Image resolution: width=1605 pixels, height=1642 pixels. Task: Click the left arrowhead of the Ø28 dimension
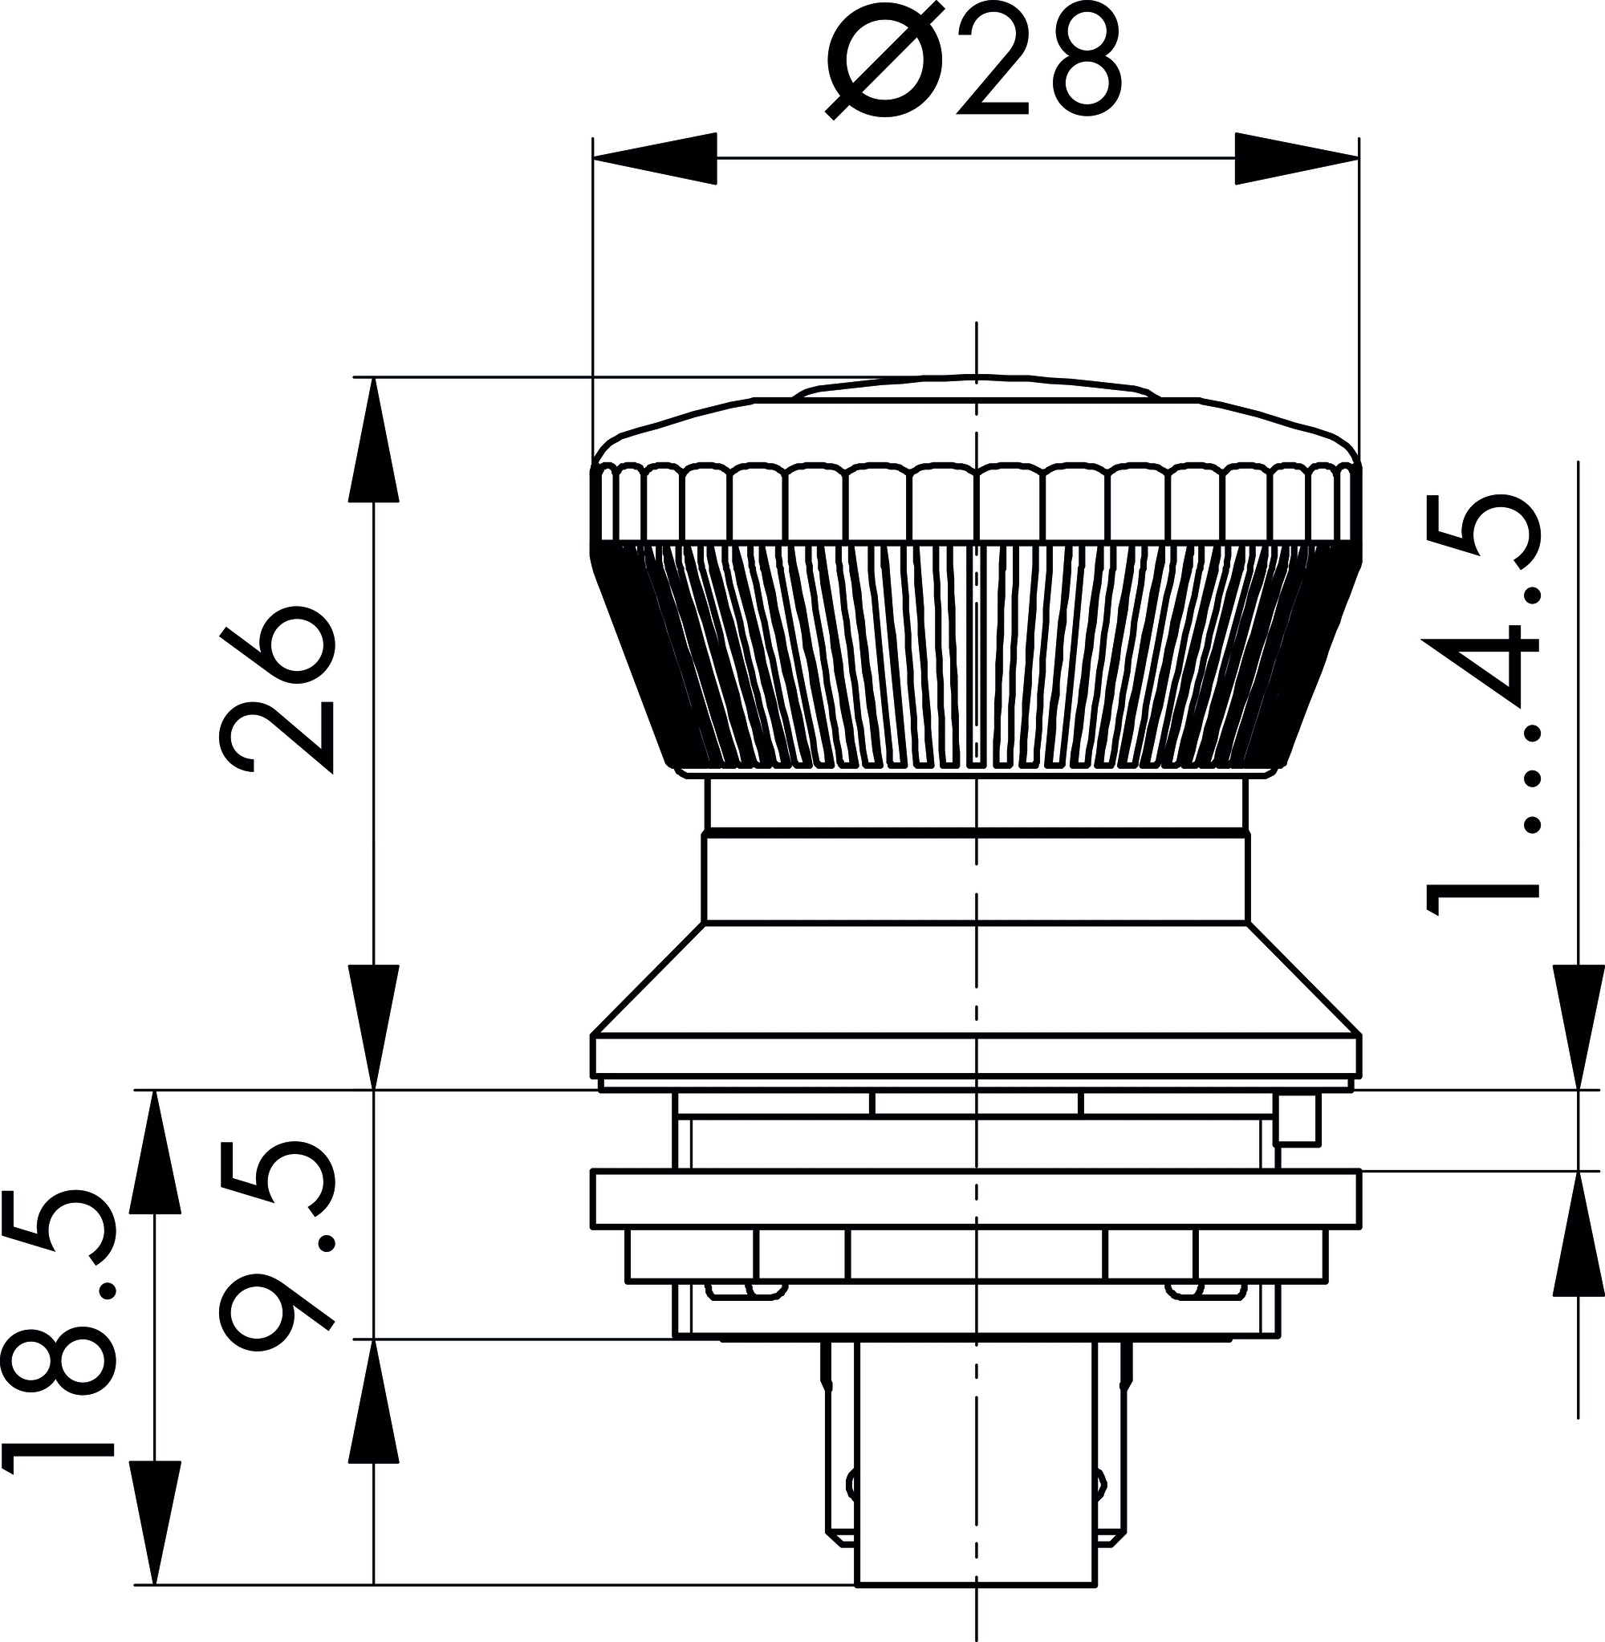pyautogui.click(x=655, y=158)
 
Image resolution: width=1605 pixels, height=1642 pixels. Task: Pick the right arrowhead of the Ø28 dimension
pyautogui.click(x=1297, y=158)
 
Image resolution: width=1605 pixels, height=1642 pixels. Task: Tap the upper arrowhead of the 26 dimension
pyautogui.click(x=373, y=439)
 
